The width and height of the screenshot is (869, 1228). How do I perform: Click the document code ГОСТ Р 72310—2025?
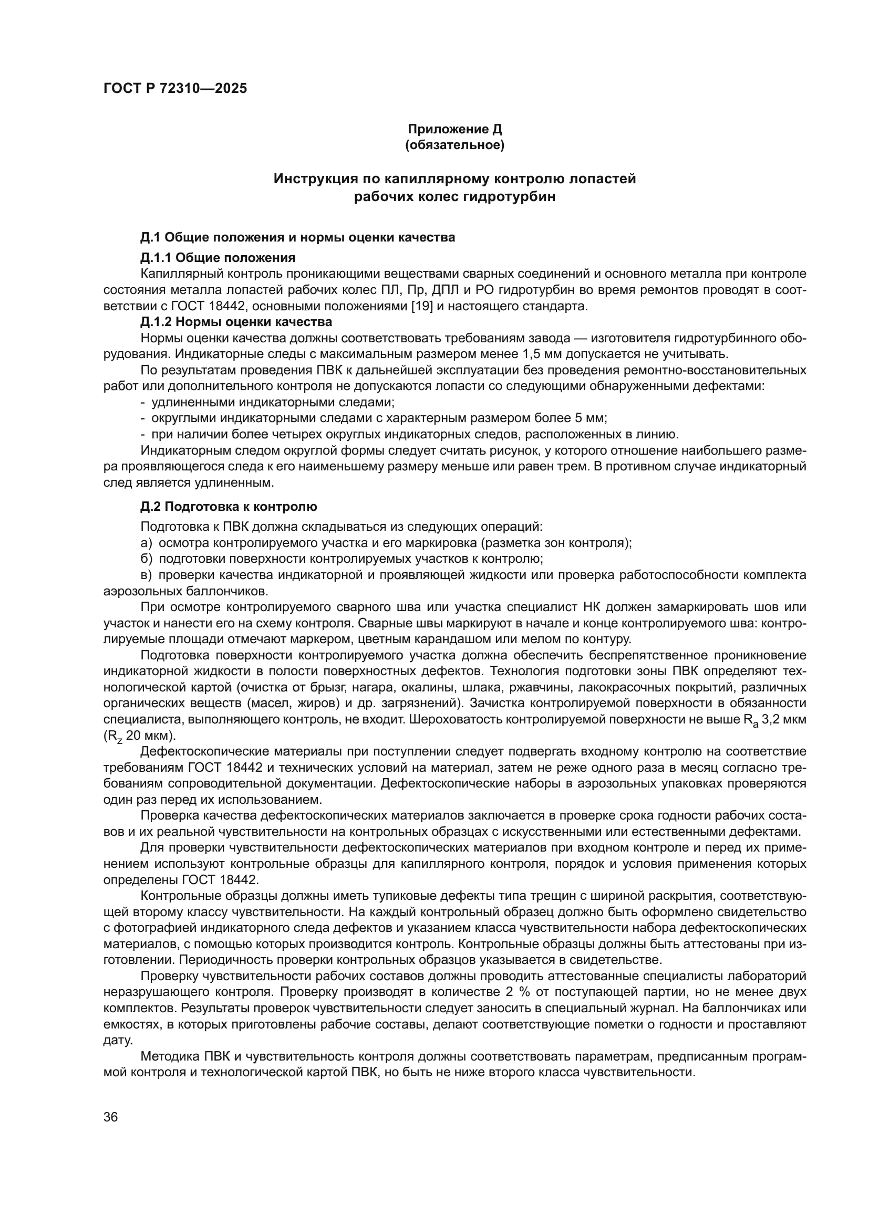(175, 89)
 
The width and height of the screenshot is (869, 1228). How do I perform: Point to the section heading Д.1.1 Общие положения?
(218, 258)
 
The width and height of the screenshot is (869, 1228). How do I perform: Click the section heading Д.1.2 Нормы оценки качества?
(236, 322)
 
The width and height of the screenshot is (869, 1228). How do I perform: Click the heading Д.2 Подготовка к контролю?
(229, 506)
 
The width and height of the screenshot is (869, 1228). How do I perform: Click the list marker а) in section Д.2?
(146, 543)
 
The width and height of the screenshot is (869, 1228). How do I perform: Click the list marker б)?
(146, 559)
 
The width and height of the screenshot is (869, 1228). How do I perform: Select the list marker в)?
(146, 575)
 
